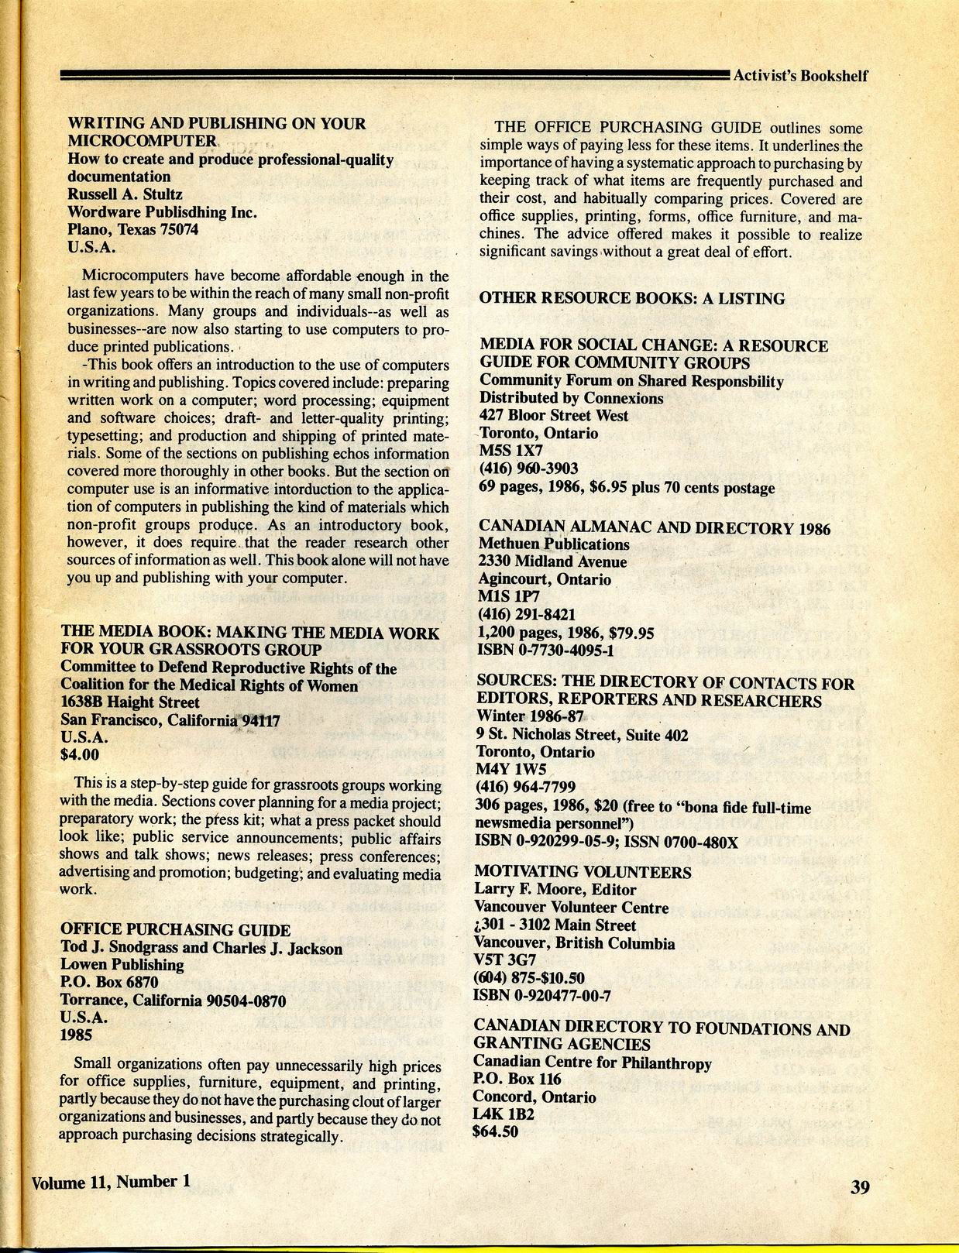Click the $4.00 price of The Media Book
point(80,755)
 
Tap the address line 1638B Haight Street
point(130,702)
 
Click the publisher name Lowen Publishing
point(122,965)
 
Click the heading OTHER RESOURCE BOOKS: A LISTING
point(632,298)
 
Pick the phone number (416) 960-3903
point(529,469)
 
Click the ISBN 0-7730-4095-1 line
point(547,650)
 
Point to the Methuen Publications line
point(554,544)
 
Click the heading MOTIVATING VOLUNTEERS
point(583,872)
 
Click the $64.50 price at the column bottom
point(496,1131)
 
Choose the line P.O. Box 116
point(517,1079)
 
